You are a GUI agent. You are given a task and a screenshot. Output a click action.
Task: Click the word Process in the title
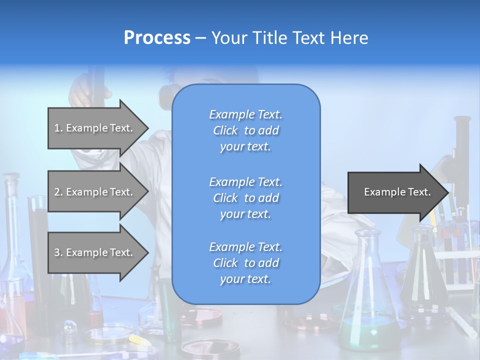[157, 38]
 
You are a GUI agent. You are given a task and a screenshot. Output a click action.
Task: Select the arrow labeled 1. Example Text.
[95, 128]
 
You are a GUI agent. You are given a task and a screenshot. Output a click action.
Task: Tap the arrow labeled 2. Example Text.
[95, 192]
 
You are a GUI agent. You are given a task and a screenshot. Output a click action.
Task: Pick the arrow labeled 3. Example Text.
[95, 252]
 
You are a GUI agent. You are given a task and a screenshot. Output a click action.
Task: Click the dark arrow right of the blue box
[395, 192]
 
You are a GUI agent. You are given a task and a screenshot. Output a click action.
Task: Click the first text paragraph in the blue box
[245, 130]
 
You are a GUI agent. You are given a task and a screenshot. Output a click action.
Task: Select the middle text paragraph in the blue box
[245, 197]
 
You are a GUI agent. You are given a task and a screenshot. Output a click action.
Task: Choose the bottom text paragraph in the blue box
[245, 263]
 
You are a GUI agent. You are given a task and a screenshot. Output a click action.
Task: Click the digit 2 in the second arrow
[57, 192]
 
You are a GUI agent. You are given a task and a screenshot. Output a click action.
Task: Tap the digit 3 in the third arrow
[57, 252]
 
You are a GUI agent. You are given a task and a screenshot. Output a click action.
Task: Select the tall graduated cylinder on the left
[37, 240]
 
